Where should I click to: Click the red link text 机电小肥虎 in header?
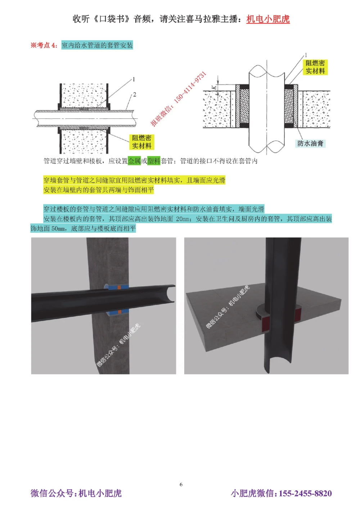[x=268, y=19]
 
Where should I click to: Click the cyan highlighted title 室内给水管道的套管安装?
[x=97, y=45]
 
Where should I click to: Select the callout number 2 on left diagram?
[x=134, y=95]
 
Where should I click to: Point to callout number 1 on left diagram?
[x=134, y=79]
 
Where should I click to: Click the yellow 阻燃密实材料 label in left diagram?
[x=141, y=142]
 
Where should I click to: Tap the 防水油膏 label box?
[x=310, y=144]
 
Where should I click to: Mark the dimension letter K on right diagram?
[x=214, y=87]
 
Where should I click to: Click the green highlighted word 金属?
[x=134, y=161]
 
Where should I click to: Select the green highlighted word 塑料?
[x=154, y=161]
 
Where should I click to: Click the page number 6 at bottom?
[x=181, y=485]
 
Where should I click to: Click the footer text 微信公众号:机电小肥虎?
[x=76, y=493]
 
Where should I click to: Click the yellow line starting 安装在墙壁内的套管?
[x=98, y=190]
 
